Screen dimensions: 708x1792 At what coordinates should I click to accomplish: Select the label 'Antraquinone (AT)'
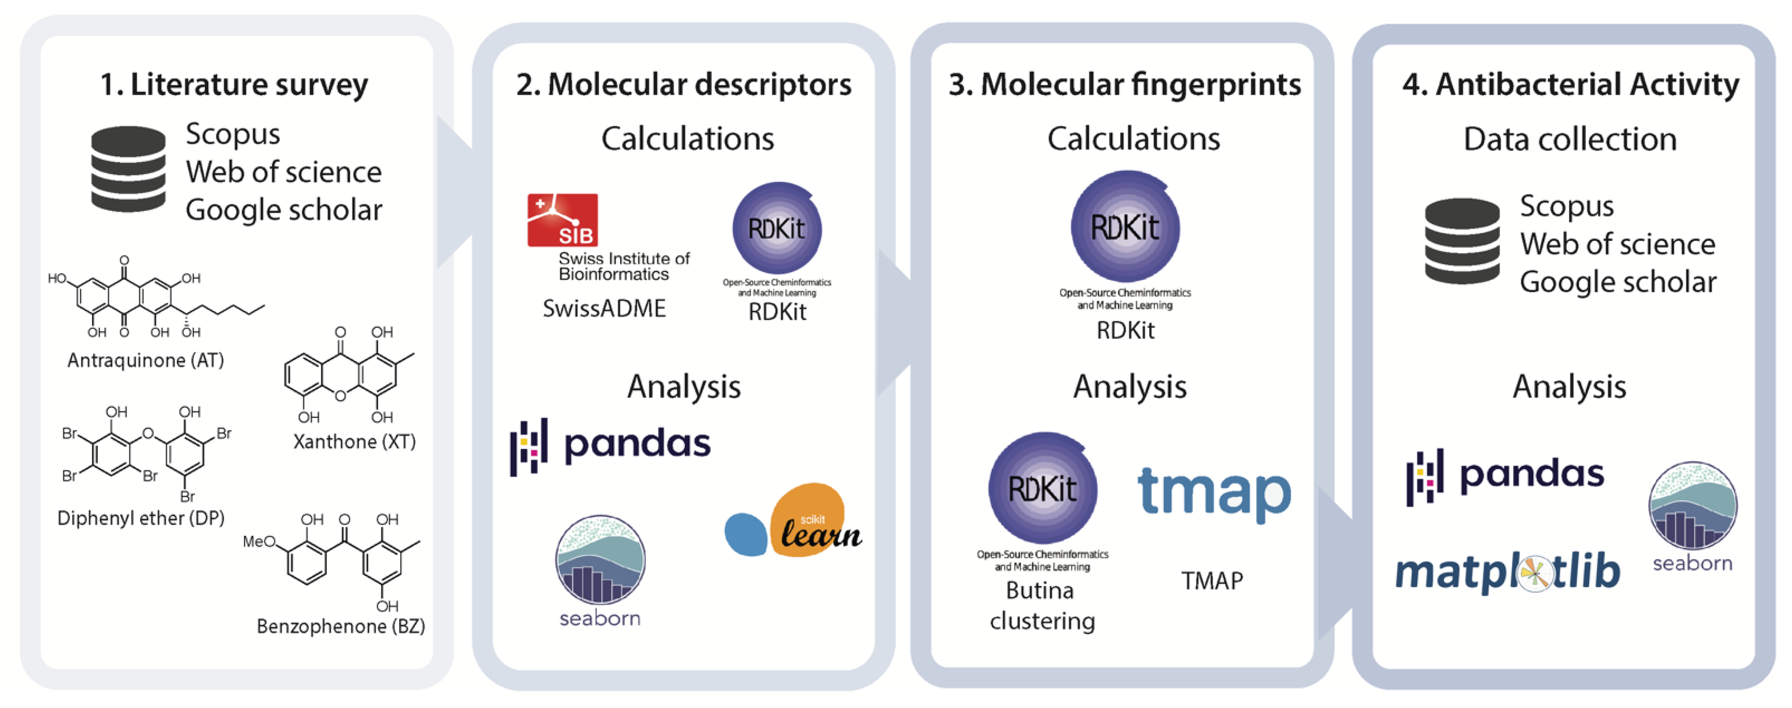146,360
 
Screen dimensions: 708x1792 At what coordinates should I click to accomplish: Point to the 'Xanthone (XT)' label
354,442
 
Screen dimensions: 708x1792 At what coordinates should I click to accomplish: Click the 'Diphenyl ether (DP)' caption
141,518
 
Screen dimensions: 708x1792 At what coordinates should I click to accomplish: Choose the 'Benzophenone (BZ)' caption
340,626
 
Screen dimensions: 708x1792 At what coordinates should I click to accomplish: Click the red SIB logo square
562,220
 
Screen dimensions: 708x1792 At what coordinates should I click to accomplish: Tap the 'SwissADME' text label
604,308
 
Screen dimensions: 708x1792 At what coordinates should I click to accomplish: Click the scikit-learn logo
793,522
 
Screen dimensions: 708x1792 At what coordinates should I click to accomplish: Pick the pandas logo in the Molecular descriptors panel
611,445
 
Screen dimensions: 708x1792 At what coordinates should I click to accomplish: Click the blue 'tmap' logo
1214,492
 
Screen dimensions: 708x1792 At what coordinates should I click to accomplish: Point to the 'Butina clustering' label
1042,605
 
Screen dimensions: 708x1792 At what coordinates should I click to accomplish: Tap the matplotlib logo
1508,572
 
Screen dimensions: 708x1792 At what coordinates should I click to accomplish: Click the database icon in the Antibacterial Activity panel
1462,241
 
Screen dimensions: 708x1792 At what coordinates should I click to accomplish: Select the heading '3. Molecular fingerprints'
1124,85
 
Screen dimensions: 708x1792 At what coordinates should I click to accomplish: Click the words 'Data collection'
1570,139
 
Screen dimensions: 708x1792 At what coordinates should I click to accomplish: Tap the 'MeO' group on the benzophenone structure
259,542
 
